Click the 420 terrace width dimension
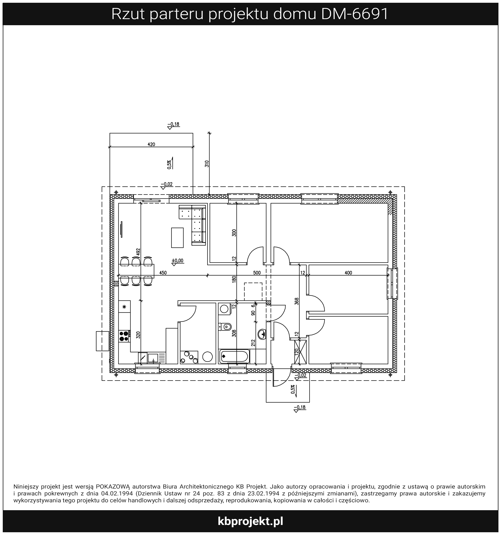pyautogui.click(x=151, y=145)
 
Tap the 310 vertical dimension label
pyautogui.click(x=207, y=164)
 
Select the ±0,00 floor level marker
pyautogui.click(x=178, y=261)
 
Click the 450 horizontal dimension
pyautogui.click(x=163, y=273)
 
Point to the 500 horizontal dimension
pyautogui.click(x=257, y=273)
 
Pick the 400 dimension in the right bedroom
pyautogui.click(x=348, y=273)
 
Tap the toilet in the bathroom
pyautogui.click(x=225, y=327)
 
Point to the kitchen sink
pyautogui.click(x=153, y=358)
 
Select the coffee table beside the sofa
pyautogui.click(x=177, y=238)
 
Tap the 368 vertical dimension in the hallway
pyautogui.click(x=296, y=301)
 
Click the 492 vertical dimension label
pyautogui.click(x=138, y=252)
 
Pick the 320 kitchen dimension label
pyautogui.click(x=138, y=335)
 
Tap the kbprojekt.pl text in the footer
pyautogui.click(x=250, y=521)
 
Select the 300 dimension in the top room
pyautogui.click(x=234, y=233)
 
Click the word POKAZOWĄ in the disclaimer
pyautogui.click(x=113, y=487)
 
